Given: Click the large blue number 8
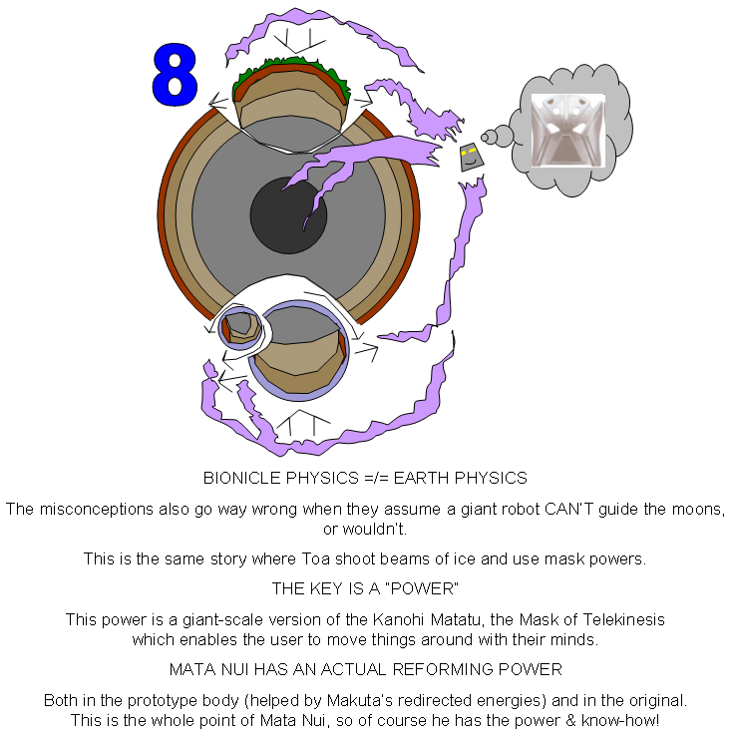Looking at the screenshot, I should (175, 76).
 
